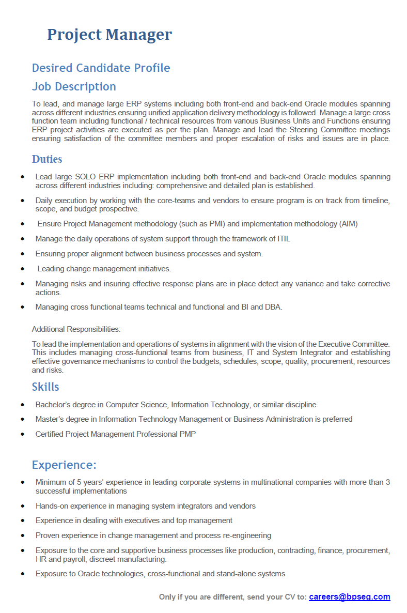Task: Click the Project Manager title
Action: click(109, 35)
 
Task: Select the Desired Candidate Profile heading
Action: click(101, 68)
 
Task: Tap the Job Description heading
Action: click(74, 86)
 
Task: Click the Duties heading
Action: click(47, 159)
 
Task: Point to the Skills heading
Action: click(45, 387)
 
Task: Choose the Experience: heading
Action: click(64, 465)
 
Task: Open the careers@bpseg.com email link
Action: click(350, 597)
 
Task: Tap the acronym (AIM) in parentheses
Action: click(348, 224)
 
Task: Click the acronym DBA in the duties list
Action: click(272, 307)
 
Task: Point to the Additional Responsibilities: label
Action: click(76, 329)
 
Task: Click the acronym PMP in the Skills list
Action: click(187, 434)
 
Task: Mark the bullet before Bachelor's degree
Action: click(22, 405)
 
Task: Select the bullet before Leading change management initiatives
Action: click(22, 269)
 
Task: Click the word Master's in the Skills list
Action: click(50, 419)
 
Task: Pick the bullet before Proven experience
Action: click(22, 535)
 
